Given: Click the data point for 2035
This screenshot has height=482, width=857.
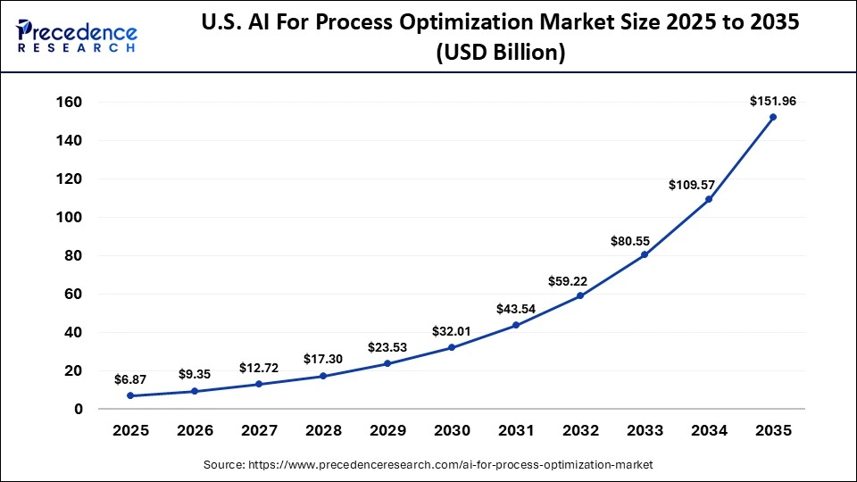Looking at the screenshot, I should pyautogui.click(x=773, y=117).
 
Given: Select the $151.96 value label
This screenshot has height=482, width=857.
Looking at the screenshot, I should pyautogui.click(x=773, y=102).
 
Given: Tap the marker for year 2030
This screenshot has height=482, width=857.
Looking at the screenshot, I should pyautogui.click(x=452, y=347).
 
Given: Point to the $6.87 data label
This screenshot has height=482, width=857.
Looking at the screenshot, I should pyautogui.click(x=130, y=379).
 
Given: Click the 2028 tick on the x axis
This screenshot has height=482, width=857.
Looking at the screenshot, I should pyautogui.click(x=323, y=430).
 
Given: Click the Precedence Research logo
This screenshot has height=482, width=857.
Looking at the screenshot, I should pyautogui.click(x=77, y=37).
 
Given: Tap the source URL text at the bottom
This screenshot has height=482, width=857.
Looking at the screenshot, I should pyautogui.click(x=428, y=465).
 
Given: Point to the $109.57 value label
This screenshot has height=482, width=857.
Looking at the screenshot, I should pyautogui.click(x=692, y=184).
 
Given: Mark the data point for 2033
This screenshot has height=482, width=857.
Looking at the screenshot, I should pyautogui.click(x=645, y=254).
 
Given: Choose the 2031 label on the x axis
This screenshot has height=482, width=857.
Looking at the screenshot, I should pyautogui.click(x=516, y=430).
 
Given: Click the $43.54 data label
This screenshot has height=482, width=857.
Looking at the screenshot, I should pyautogui.click(x=516, y=309).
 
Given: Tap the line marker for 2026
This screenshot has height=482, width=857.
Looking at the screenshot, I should pyautogui.click(x=195, y=391).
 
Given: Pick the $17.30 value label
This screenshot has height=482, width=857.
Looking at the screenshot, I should pyautogui.click(x=323, y=359).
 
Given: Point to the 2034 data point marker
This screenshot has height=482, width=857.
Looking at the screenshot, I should pyautogui.click(x=709, y=199).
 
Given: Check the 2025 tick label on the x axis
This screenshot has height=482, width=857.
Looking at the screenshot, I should pyautogui.click(x=130, y=430).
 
